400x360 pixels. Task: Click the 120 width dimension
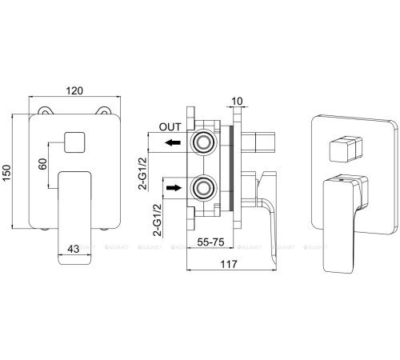click(74, 91)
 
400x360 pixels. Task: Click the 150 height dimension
click(6, 172)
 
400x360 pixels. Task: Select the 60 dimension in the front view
click(43, 164)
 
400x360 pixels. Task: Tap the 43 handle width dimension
click(74, 249)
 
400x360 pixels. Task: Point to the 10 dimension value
click(237, 102)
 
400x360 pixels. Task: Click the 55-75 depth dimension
click(210, 242)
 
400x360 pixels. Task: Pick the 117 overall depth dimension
click(229, 264)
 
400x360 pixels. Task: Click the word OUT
click(170, 127)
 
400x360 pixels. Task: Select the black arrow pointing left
click(173, 142)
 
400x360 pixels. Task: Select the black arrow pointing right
click(174, 188)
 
